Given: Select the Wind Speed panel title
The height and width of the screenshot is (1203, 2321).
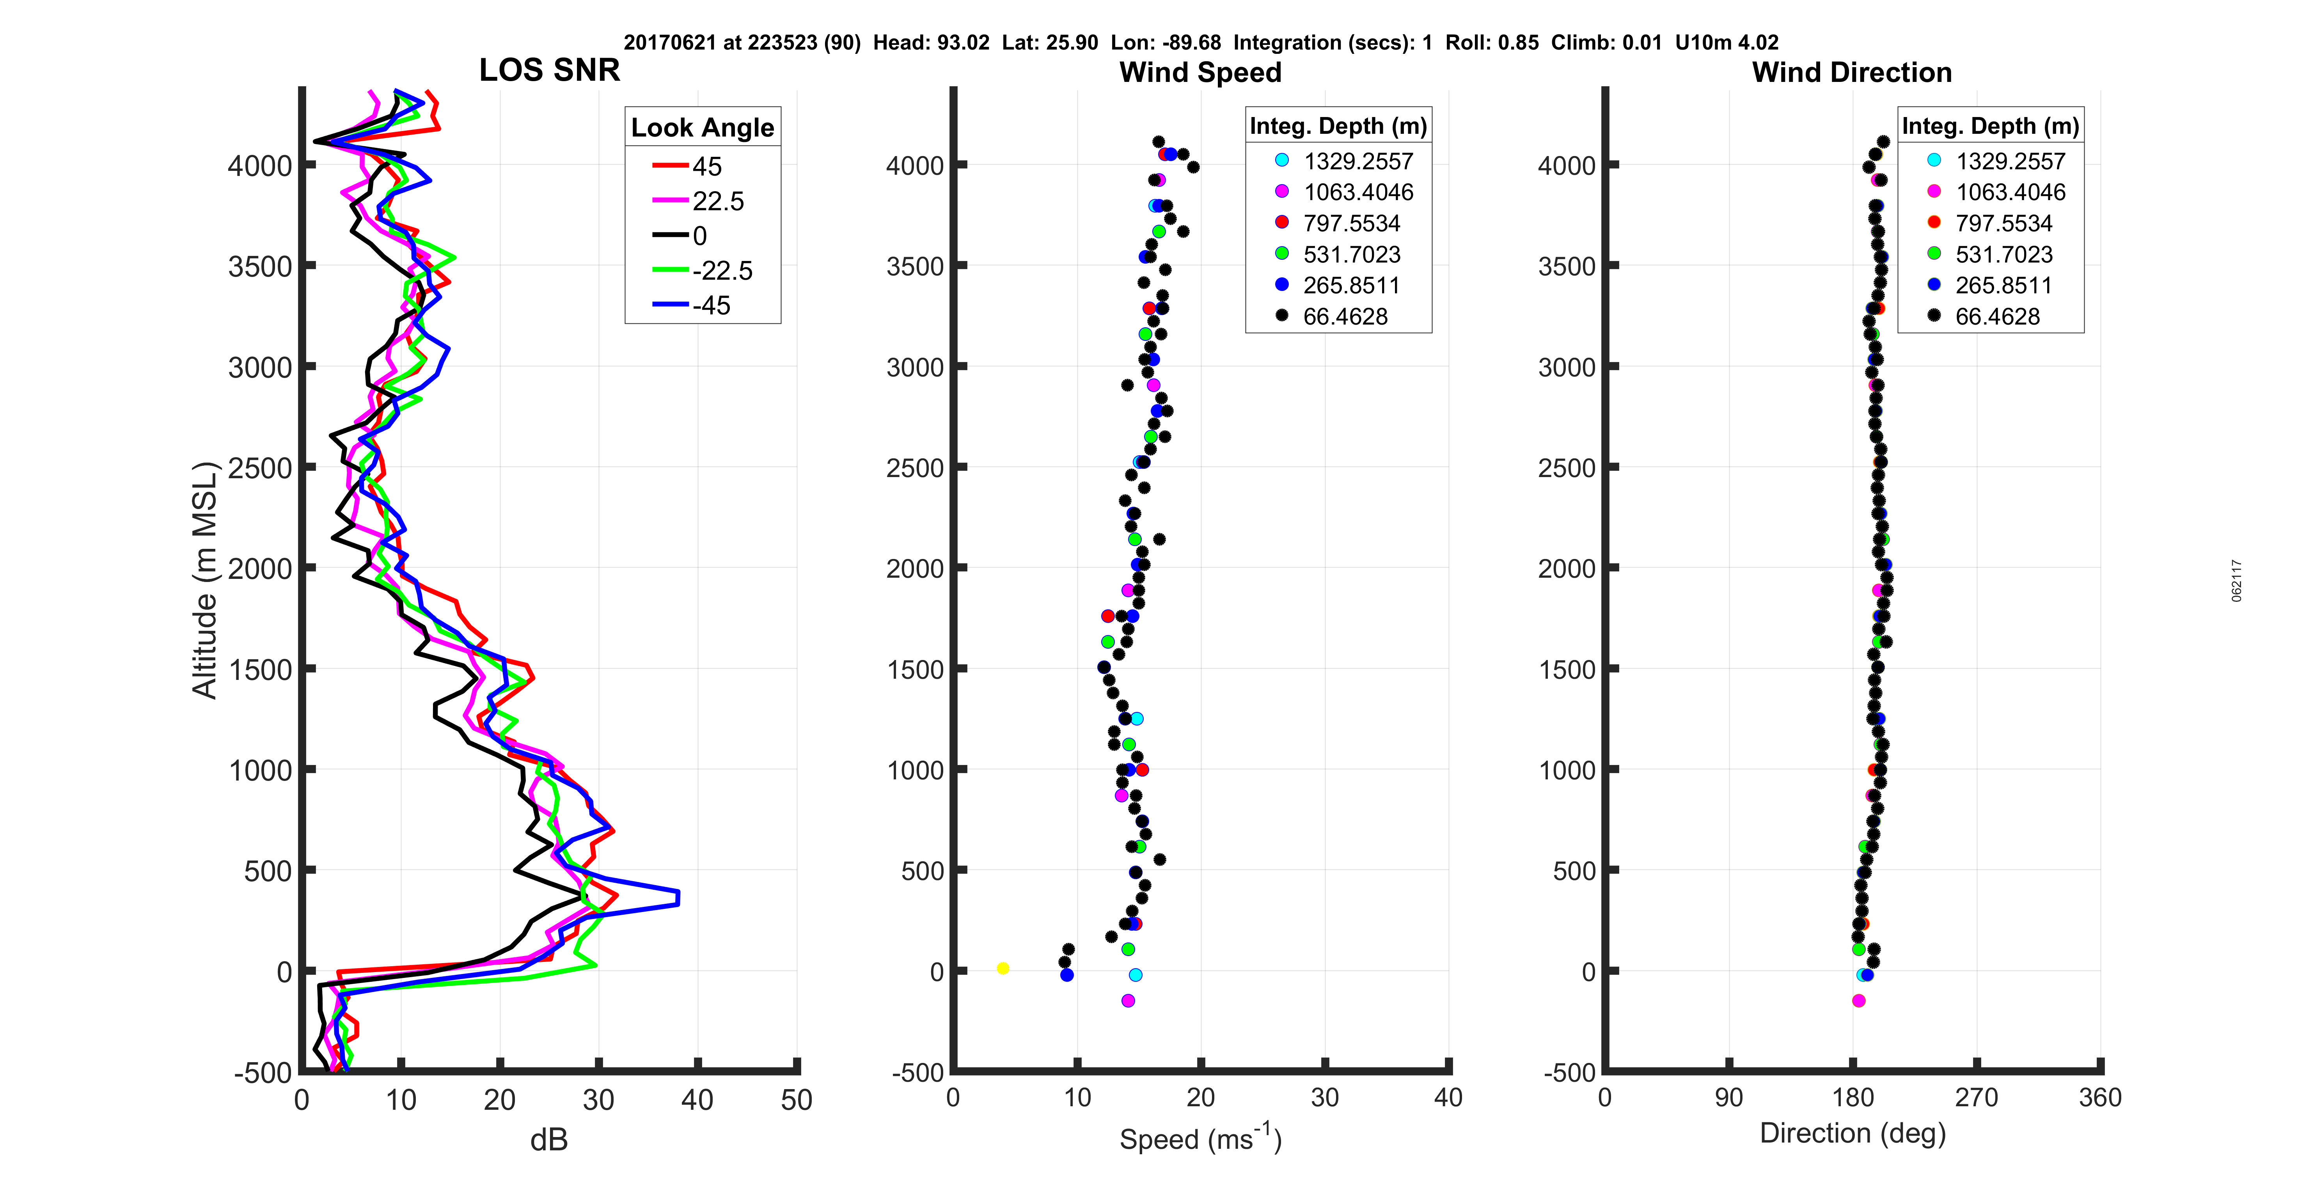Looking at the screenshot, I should (1200, 72).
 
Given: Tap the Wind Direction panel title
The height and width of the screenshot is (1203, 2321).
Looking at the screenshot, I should (1852, 72).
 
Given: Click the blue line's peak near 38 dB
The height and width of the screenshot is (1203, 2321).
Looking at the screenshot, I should (678, 898).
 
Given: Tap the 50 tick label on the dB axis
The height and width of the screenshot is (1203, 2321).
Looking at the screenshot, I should (797, 1100).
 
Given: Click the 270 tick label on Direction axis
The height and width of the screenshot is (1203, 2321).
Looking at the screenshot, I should (1977, 1098).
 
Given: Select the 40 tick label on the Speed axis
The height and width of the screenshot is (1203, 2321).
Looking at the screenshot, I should (1448, 1098).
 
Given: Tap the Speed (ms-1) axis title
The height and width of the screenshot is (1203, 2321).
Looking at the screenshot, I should (1200, 1138).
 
